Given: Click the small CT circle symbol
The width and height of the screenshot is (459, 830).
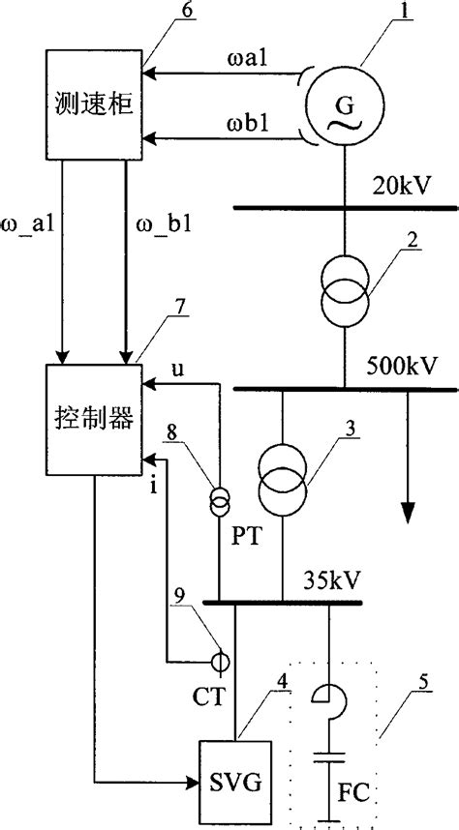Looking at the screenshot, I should (220, 663).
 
